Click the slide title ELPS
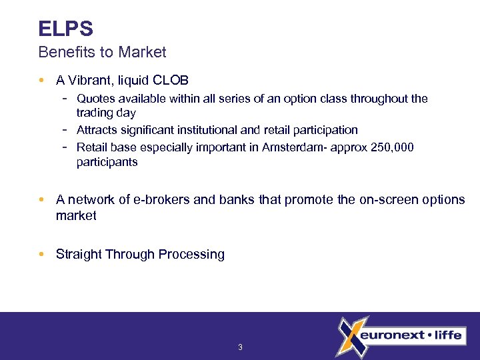coord(65,29)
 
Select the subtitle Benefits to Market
coord(102,51)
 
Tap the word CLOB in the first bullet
coord(171,81)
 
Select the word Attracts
coord(97,130)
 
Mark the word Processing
coord(192,255)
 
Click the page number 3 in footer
coord(240,347)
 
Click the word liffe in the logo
coord(447,335)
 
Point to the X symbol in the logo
coord(350,335)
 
